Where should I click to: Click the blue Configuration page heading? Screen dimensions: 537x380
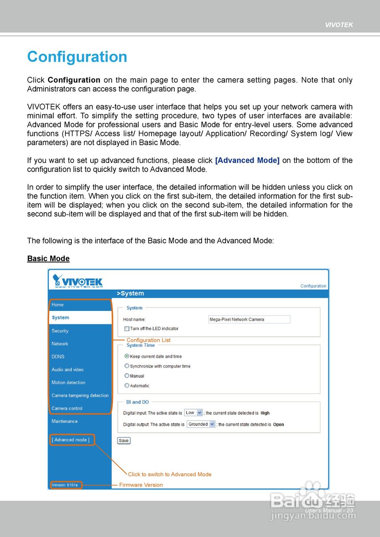[x=77, y=57]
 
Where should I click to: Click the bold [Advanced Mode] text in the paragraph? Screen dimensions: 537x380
[x=247, y=160]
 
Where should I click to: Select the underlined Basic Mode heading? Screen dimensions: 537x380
[x=48, y=258]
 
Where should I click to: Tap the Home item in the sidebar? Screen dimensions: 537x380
[x=58, y=305]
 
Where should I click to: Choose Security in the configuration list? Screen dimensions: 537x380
[x=60, y=331]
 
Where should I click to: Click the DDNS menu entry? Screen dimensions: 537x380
[x=58, y=357]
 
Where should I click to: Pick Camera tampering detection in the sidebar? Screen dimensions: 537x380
[x=80, y=395]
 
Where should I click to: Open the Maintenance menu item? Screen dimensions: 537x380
[x=65, y=421]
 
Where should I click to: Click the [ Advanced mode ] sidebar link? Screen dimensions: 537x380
[x=71, y=440]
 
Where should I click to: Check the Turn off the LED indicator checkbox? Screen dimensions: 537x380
[x=127, y=329]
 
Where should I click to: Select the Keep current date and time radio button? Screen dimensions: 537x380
[x=127, y=356]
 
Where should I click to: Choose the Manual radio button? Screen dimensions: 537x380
[x=127, y=376]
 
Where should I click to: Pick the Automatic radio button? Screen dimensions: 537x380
[x=127, y=386]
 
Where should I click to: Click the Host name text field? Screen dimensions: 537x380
[x=249, y=319]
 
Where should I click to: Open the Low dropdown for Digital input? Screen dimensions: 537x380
[x=194, y=413]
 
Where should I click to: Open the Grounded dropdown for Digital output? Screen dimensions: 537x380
[x=201, y=425]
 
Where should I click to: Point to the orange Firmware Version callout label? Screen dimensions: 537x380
[x=141, y=485]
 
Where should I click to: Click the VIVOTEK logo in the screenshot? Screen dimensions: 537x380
[x=78, y=281]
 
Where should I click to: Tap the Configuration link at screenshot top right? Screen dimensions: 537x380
[x=313, y=286]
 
